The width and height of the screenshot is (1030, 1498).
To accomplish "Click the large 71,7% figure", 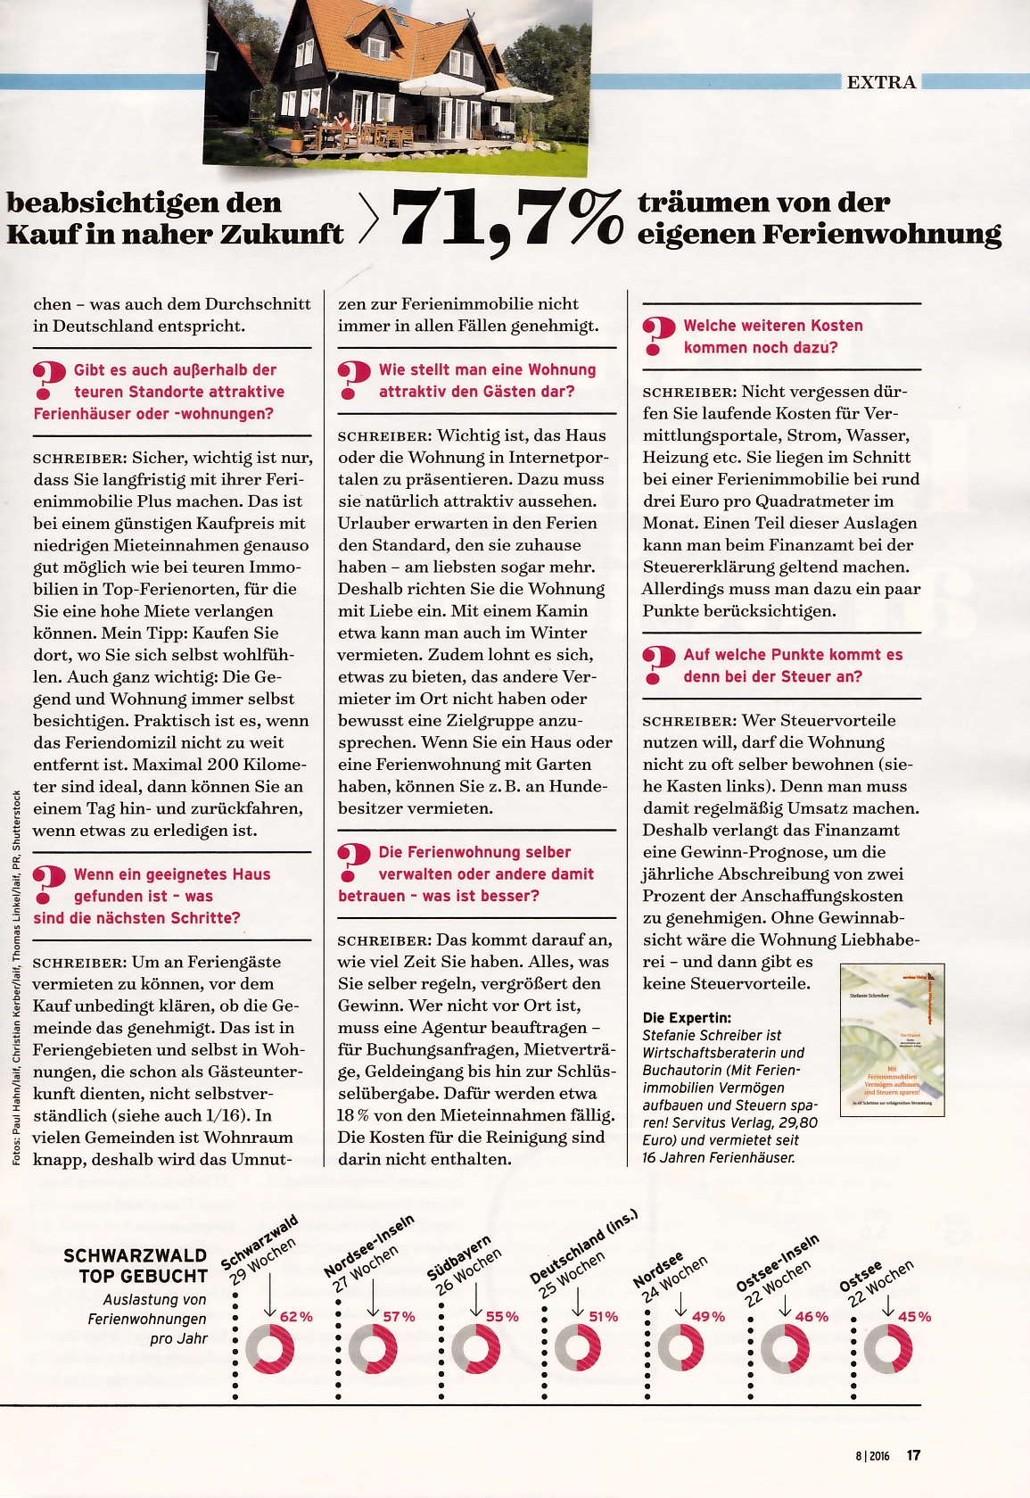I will [x=507, y=219].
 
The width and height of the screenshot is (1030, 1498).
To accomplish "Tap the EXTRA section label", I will [x=881, y=82].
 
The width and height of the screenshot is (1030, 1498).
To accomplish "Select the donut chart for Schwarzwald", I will [x=269, y=1348].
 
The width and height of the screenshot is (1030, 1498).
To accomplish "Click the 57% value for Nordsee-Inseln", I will [x=399, y=1316].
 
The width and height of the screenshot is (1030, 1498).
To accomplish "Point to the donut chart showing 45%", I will [x=887, y=1348].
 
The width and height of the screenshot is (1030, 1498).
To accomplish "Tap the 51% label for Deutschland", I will [x=603, y=1316].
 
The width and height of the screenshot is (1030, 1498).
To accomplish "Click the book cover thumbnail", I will [x=892, y=1039].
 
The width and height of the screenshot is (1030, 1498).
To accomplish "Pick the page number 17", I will [x=913, y=1455].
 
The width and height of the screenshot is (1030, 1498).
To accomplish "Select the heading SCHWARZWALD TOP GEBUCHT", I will [x=136, y=1266].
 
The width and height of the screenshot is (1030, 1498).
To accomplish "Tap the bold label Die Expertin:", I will [x=687, y=1017].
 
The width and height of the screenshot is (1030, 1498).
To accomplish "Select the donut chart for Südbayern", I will [x=475, y=1348].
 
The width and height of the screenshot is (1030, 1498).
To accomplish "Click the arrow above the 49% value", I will [x=680, y=1304].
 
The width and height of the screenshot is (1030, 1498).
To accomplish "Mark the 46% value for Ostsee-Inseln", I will [x=812, y=1316].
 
